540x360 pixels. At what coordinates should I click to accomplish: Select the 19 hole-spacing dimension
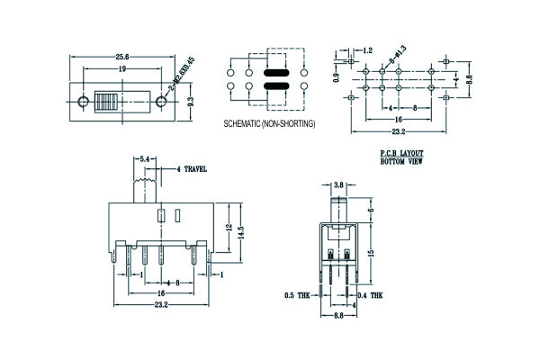[x=121, y=68]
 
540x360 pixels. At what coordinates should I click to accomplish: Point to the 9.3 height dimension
[x=191, y=103]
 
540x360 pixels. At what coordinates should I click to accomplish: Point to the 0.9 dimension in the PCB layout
[x=337, y=78]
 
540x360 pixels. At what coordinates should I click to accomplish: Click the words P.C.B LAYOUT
[x=401, y=155]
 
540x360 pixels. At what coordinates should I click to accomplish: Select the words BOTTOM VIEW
[x=401, y=163]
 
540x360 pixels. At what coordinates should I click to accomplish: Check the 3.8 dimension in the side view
[x=338, y=184]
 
